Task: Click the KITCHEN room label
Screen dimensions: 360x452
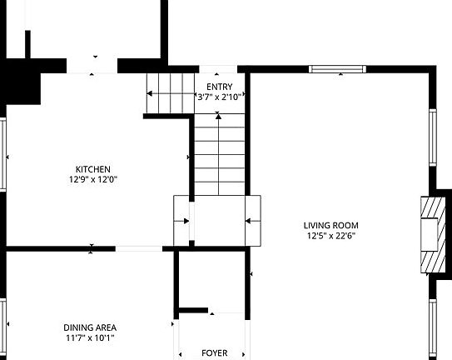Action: [x=92, y=169]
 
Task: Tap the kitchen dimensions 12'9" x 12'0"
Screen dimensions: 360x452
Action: [x=92, y=179]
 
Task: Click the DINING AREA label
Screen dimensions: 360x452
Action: [x=90, y=327]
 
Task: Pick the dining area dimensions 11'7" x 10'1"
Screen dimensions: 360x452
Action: [x=90, y=337]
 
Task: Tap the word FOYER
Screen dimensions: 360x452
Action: [x=214, y=352]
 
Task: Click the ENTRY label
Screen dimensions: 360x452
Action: [x=219, y=87]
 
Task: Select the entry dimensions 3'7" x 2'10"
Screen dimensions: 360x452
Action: [x=219, y=97]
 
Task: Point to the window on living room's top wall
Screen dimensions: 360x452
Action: [x=337, y=69]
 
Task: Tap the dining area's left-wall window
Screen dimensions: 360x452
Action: [x=3, y=325]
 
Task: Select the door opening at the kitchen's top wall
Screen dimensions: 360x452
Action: [x=92, y=66]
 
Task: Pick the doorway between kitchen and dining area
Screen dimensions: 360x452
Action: [x=139, y=248]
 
